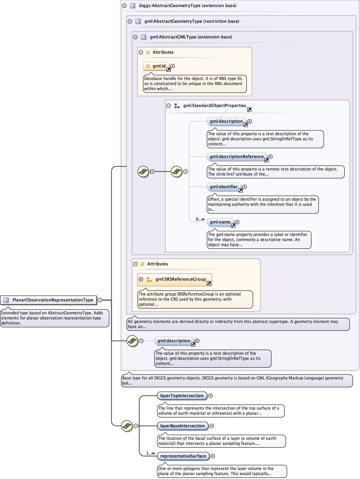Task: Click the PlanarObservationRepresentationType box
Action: [x=49, y=300]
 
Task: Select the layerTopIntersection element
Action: [x=181, y=396]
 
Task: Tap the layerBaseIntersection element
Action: [x=182, y=426]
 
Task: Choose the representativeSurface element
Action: [x=183, y=456]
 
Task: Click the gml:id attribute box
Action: [x=156, y=66]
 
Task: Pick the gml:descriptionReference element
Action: [x=237, y=157]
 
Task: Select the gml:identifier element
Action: [x=223, y=187]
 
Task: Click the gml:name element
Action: [x=220, y=222]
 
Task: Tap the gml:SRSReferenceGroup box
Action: [x=180, y=279]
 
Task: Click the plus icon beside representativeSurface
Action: [x=213, y=456]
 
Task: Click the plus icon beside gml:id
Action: [x=173, y=66]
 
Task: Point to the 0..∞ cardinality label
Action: [x=200, y=219]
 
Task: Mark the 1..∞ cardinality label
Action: [x=150, y=453]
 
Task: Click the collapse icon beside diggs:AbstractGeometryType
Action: [x=124, y=6]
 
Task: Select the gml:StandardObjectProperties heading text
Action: [x=214, y=105]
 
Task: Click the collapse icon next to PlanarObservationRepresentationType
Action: [x=100, y=300]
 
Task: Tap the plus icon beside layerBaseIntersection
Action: [x=212, y=426]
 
